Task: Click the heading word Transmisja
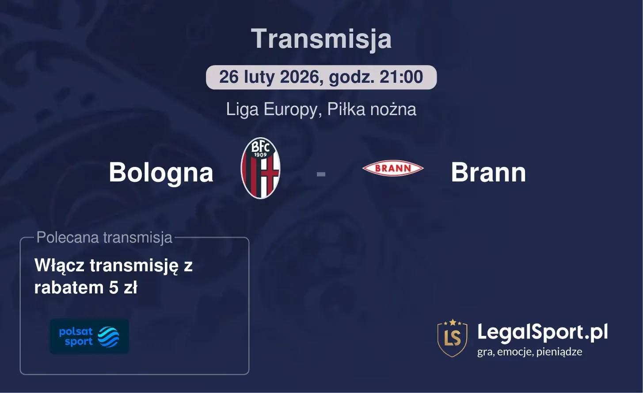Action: (321, 39)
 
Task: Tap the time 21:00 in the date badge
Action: (401, 77)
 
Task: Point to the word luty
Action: (260, 77)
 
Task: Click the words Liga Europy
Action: (273, 109)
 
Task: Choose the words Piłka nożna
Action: (372, 109)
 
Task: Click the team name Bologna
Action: (161, 172)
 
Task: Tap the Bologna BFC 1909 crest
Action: (260, 168)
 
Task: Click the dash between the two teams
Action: (321, 174)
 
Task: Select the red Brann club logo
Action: (393, 168)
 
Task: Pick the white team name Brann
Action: (488, 172)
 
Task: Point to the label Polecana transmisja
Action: (104, 238)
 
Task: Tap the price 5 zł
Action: (123, 288)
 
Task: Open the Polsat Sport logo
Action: (89, 336)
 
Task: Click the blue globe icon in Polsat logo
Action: (108, 337)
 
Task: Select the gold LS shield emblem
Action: (452, 338)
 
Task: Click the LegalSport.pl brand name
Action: (542, 332)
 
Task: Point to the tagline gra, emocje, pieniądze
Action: (529, 352)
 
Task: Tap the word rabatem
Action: (69, 288)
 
